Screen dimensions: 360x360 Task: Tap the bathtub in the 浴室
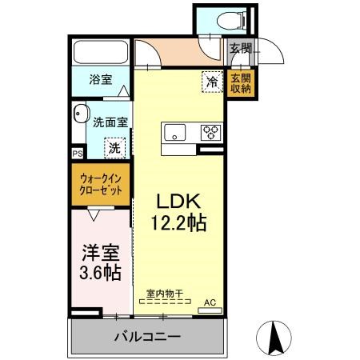point(101,52)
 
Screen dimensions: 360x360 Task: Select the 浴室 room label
point(101,79)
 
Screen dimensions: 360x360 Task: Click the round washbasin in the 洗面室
point(81,113)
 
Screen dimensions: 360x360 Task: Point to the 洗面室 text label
point(110,122)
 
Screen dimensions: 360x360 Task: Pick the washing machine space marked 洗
point(115,148)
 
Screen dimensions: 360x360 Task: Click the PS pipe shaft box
point(78,154)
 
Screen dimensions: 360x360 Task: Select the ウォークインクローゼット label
point(101,184)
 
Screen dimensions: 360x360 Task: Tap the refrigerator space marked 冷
point(213,82)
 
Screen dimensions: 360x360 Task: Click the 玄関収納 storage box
point(241,84)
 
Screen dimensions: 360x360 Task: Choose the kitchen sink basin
point(174,133)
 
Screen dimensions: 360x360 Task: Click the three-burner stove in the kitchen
point(210,133)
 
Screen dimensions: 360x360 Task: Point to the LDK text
point(178,202)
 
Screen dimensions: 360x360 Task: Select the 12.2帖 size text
point(179,222)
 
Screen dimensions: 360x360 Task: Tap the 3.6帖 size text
point(100,272)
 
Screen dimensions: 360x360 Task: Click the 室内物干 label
point(165,294)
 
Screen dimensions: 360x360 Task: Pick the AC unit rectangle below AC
point(210,310)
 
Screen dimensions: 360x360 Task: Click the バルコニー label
point(147,337)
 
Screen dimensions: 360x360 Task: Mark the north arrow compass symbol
point(274,338)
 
